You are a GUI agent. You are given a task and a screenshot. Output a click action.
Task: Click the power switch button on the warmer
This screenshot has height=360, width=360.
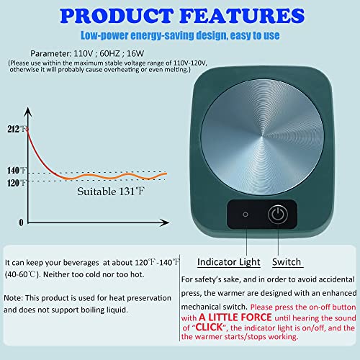pyautogui.click(x=278, y=214)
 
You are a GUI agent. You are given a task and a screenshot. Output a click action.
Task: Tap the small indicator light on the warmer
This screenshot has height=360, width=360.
pyautogui.click(x=246, y=215)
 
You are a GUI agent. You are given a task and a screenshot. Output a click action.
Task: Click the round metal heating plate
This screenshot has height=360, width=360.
pyautogui.click(x=262, y=137)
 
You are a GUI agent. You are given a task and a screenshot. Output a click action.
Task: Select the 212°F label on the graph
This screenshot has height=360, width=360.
pyautogui.click(x=17, y=129)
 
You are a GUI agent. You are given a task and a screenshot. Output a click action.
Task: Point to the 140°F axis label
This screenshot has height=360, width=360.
pyautogui.click(x=17, y=171)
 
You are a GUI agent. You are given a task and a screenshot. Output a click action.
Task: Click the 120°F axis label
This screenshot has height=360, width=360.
pyautogui.click(x=17, y=183)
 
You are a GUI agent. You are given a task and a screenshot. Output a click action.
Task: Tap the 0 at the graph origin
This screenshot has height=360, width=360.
pyautogui.click(x=21, y=222)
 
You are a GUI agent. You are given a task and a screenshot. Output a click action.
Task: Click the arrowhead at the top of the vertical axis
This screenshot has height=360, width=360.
pyautogui.click(x=28, y=112)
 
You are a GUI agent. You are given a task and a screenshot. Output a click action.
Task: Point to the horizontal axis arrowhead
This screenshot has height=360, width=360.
pyautogui.click(x=165, y=222)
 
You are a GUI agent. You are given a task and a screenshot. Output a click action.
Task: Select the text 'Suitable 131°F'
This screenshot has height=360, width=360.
pyautogui.click(x=111, y=192)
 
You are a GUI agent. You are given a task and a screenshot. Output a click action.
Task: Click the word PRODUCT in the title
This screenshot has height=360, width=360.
pyautogui.click(x=117, y=16)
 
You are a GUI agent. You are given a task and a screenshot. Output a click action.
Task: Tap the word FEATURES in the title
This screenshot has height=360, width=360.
pyautogui.click(x=242, y=16)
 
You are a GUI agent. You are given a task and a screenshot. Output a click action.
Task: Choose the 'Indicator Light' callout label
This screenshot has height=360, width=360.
pyautogui.click(x=229, y=262)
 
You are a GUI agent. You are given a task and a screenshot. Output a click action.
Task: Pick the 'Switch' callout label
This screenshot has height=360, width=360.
pyautogui.click(x=287, y=261)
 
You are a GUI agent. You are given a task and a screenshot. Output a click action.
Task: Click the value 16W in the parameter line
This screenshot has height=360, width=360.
pyautogui.click(x=135, y=53)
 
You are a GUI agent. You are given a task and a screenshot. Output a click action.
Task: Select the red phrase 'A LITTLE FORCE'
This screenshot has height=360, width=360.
pyautogui.click(x=235, y=318)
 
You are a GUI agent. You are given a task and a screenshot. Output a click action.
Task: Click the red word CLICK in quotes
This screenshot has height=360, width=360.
pyautogui.click(x=210, y=327)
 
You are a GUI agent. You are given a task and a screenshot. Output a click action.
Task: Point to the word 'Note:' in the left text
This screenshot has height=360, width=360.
pyautogui.click(x=14, y=298)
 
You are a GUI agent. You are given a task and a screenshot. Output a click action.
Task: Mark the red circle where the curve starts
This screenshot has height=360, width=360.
pyautogui.click(x=27, y=130)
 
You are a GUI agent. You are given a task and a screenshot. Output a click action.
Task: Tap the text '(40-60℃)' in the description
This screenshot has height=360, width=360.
pyautogui.click(x=22, y=274)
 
